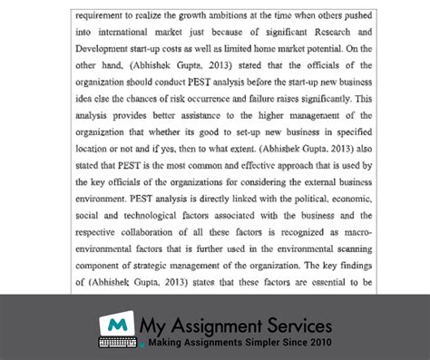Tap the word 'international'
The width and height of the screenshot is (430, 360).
coord(122,33)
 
